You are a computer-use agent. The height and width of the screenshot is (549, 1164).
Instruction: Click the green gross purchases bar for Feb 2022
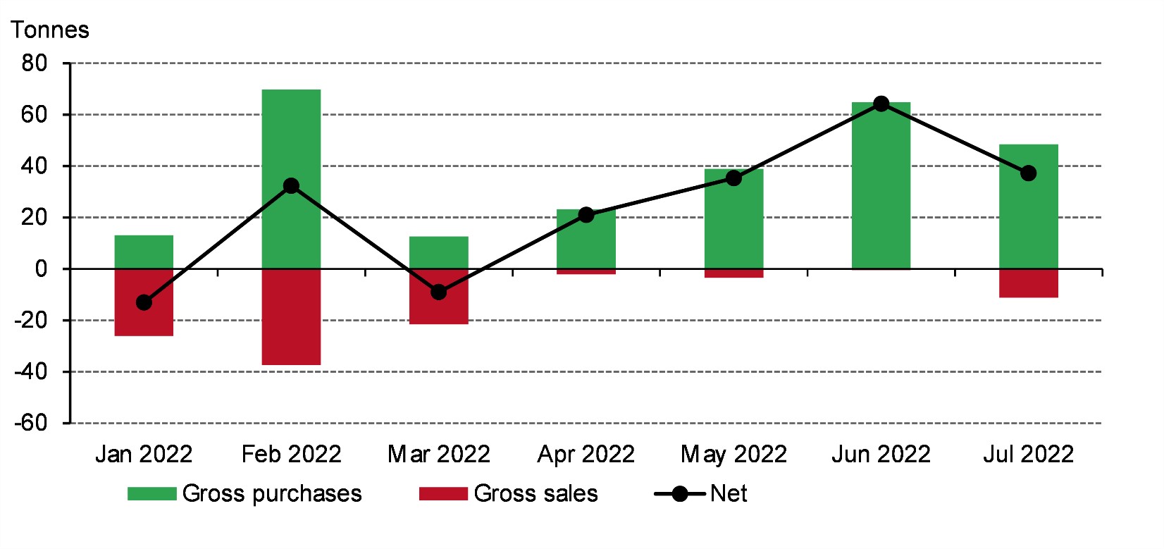point(291,134)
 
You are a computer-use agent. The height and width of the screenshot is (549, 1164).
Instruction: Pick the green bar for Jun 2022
point(881,190)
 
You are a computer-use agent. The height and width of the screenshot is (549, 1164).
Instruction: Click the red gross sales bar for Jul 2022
point(1028,283)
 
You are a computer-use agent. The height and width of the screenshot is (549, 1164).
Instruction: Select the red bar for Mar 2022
point(438,310)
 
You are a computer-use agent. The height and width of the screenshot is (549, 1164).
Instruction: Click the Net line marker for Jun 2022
point(881,104)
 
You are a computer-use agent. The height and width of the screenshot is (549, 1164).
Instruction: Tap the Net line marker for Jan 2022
point(144,302)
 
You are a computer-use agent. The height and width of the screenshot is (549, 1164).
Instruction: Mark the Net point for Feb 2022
point(291,186)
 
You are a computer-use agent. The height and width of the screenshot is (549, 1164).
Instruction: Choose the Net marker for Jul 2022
point(1028,173)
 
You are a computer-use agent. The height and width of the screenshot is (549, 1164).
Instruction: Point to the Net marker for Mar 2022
point(438,292)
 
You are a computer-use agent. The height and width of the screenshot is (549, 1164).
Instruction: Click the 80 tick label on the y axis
point(34,63)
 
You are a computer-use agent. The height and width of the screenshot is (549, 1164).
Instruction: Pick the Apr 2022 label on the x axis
point(586,454)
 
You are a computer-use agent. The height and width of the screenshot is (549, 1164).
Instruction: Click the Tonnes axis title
point(50,30)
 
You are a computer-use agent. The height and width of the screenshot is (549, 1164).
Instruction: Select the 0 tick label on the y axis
point(41,269)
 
